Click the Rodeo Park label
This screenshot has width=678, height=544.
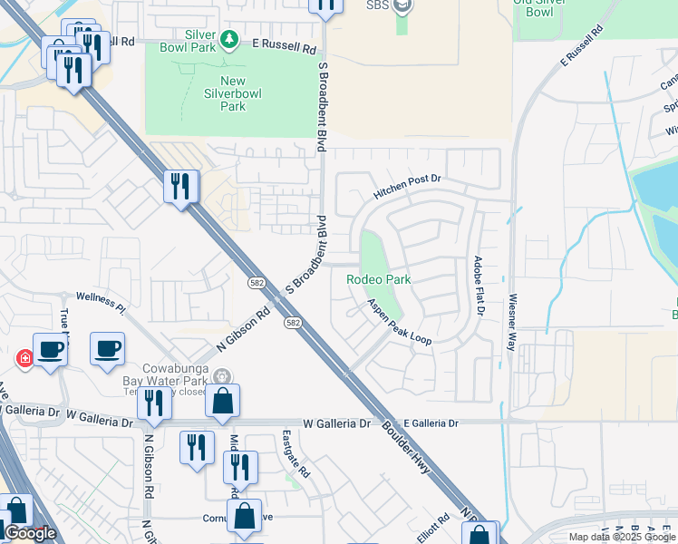point(379,279)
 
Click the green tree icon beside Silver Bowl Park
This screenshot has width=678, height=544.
point(230,38)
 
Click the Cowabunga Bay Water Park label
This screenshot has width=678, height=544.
point(172,373)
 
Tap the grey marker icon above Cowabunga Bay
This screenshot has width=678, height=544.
point(223,376)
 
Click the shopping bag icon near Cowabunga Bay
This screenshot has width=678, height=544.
point(222,401)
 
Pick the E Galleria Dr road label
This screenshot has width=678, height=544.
point(432,423)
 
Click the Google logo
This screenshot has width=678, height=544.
point(30,533)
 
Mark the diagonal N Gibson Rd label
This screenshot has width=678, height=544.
point(244,333)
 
